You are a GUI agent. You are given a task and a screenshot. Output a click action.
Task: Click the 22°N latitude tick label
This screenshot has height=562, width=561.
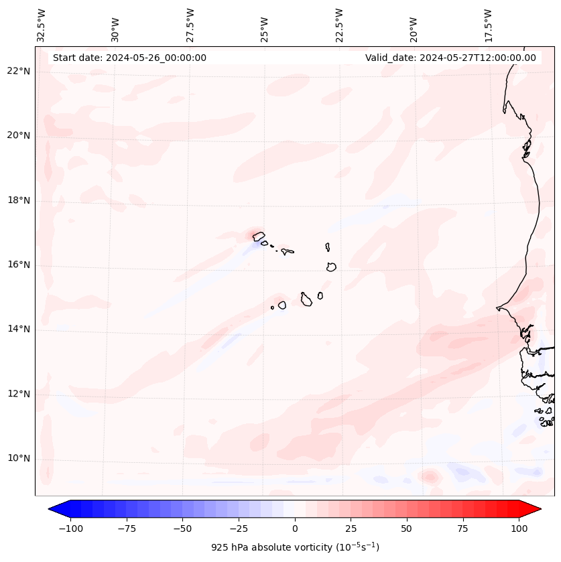click(x=19, y=72)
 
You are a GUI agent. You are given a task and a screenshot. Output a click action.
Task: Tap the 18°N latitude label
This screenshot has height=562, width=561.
click(x=19, y=200)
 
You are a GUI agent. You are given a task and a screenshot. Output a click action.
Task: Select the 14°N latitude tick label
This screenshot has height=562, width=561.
click(x=19, y=329)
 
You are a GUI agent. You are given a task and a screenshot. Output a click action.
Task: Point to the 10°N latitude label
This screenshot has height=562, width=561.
click(x=19, y=458)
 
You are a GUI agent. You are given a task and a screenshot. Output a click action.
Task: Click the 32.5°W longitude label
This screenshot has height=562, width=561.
click(x=42, y=25)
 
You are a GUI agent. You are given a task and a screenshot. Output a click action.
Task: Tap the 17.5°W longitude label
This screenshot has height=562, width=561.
click(x=488, y=25)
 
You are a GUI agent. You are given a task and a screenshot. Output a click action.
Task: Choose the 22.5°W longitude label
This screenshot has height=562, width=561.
click(x=339, y=25)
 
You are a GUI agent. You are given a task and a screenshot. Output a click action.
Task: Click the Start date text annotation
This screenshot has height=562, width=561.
click(x=129, y=58)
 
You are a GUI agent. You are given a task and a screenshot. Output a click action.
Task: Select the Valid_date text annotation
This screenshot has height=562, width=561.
click(x=450, y=58)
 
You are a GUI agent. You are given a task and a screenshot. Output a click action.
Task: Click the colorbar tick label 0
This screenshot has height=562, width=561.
click(x=295, y=529)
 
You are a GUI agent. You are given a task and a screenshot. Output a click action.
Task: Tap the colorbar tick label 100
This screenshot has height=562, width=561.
click(x=519, y=529)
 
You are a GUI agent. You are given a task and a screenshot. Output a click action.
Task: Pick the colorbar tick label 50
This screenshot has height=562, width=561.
click(x=407, y=529)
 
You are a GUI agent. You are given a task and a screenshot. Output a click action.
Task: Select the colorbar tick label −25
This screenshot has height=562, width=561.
click(x=239, y=529)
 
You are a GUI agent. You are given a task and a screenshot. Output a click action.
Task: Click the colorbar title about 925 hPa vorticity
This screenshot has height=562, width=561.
click(x=295, y=547)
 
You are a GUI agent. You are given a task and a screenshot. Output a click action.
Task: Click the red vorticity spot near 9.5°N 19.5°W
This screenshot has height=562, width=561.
click(x=429, y=477)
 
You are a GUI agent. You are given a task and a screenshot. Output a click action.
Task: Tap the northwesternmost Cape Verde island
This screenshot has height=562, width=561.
click(x=258, y=236)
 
